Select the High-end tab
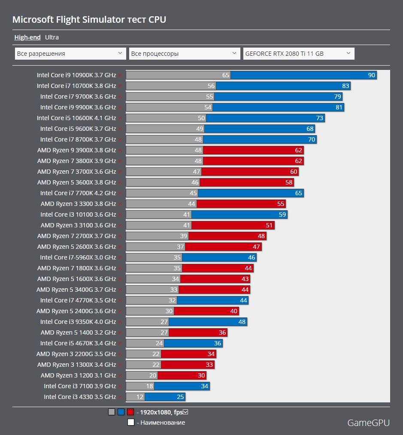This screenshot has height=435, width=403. tap(27, 37)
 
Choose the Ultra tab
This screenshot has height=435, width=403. tap(52, 37)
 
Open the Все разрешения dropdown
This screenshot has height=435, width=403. tap(70, 54)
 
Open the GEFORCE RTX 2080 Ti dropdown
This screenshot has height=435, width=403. tap(298, 54)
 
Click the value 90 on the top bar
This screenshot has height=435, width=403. tap(372, 76)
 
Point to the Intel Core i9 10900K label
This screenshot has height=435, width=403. tap(76, 75)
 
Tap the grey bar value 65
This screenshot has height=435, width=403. tap(226, 76)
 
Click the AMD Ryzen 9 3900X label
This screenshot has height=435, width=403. tap(76, 150)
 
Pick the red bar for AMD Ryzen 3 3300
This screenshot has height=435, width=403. tap(240, 204)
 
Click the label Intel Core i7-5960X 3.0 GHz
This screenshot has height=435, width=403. tap(78, 257)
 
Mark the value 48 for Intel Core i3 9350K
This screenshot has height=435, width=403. tap(242, 322)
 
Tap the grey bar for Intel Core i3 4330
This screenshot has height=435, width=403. tap(135, 397)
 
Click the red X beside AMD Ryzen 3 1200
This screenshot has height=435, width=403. tap(120, 376)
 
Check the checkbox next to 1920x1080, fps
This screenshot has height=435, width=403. tap(186, 412)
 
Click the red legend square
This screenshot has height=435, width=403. tap(130, 412)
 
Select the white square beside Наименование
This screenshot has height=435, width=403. tap(131, 423)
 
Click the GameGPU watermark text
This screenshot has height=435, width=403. tap(368, 423)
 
